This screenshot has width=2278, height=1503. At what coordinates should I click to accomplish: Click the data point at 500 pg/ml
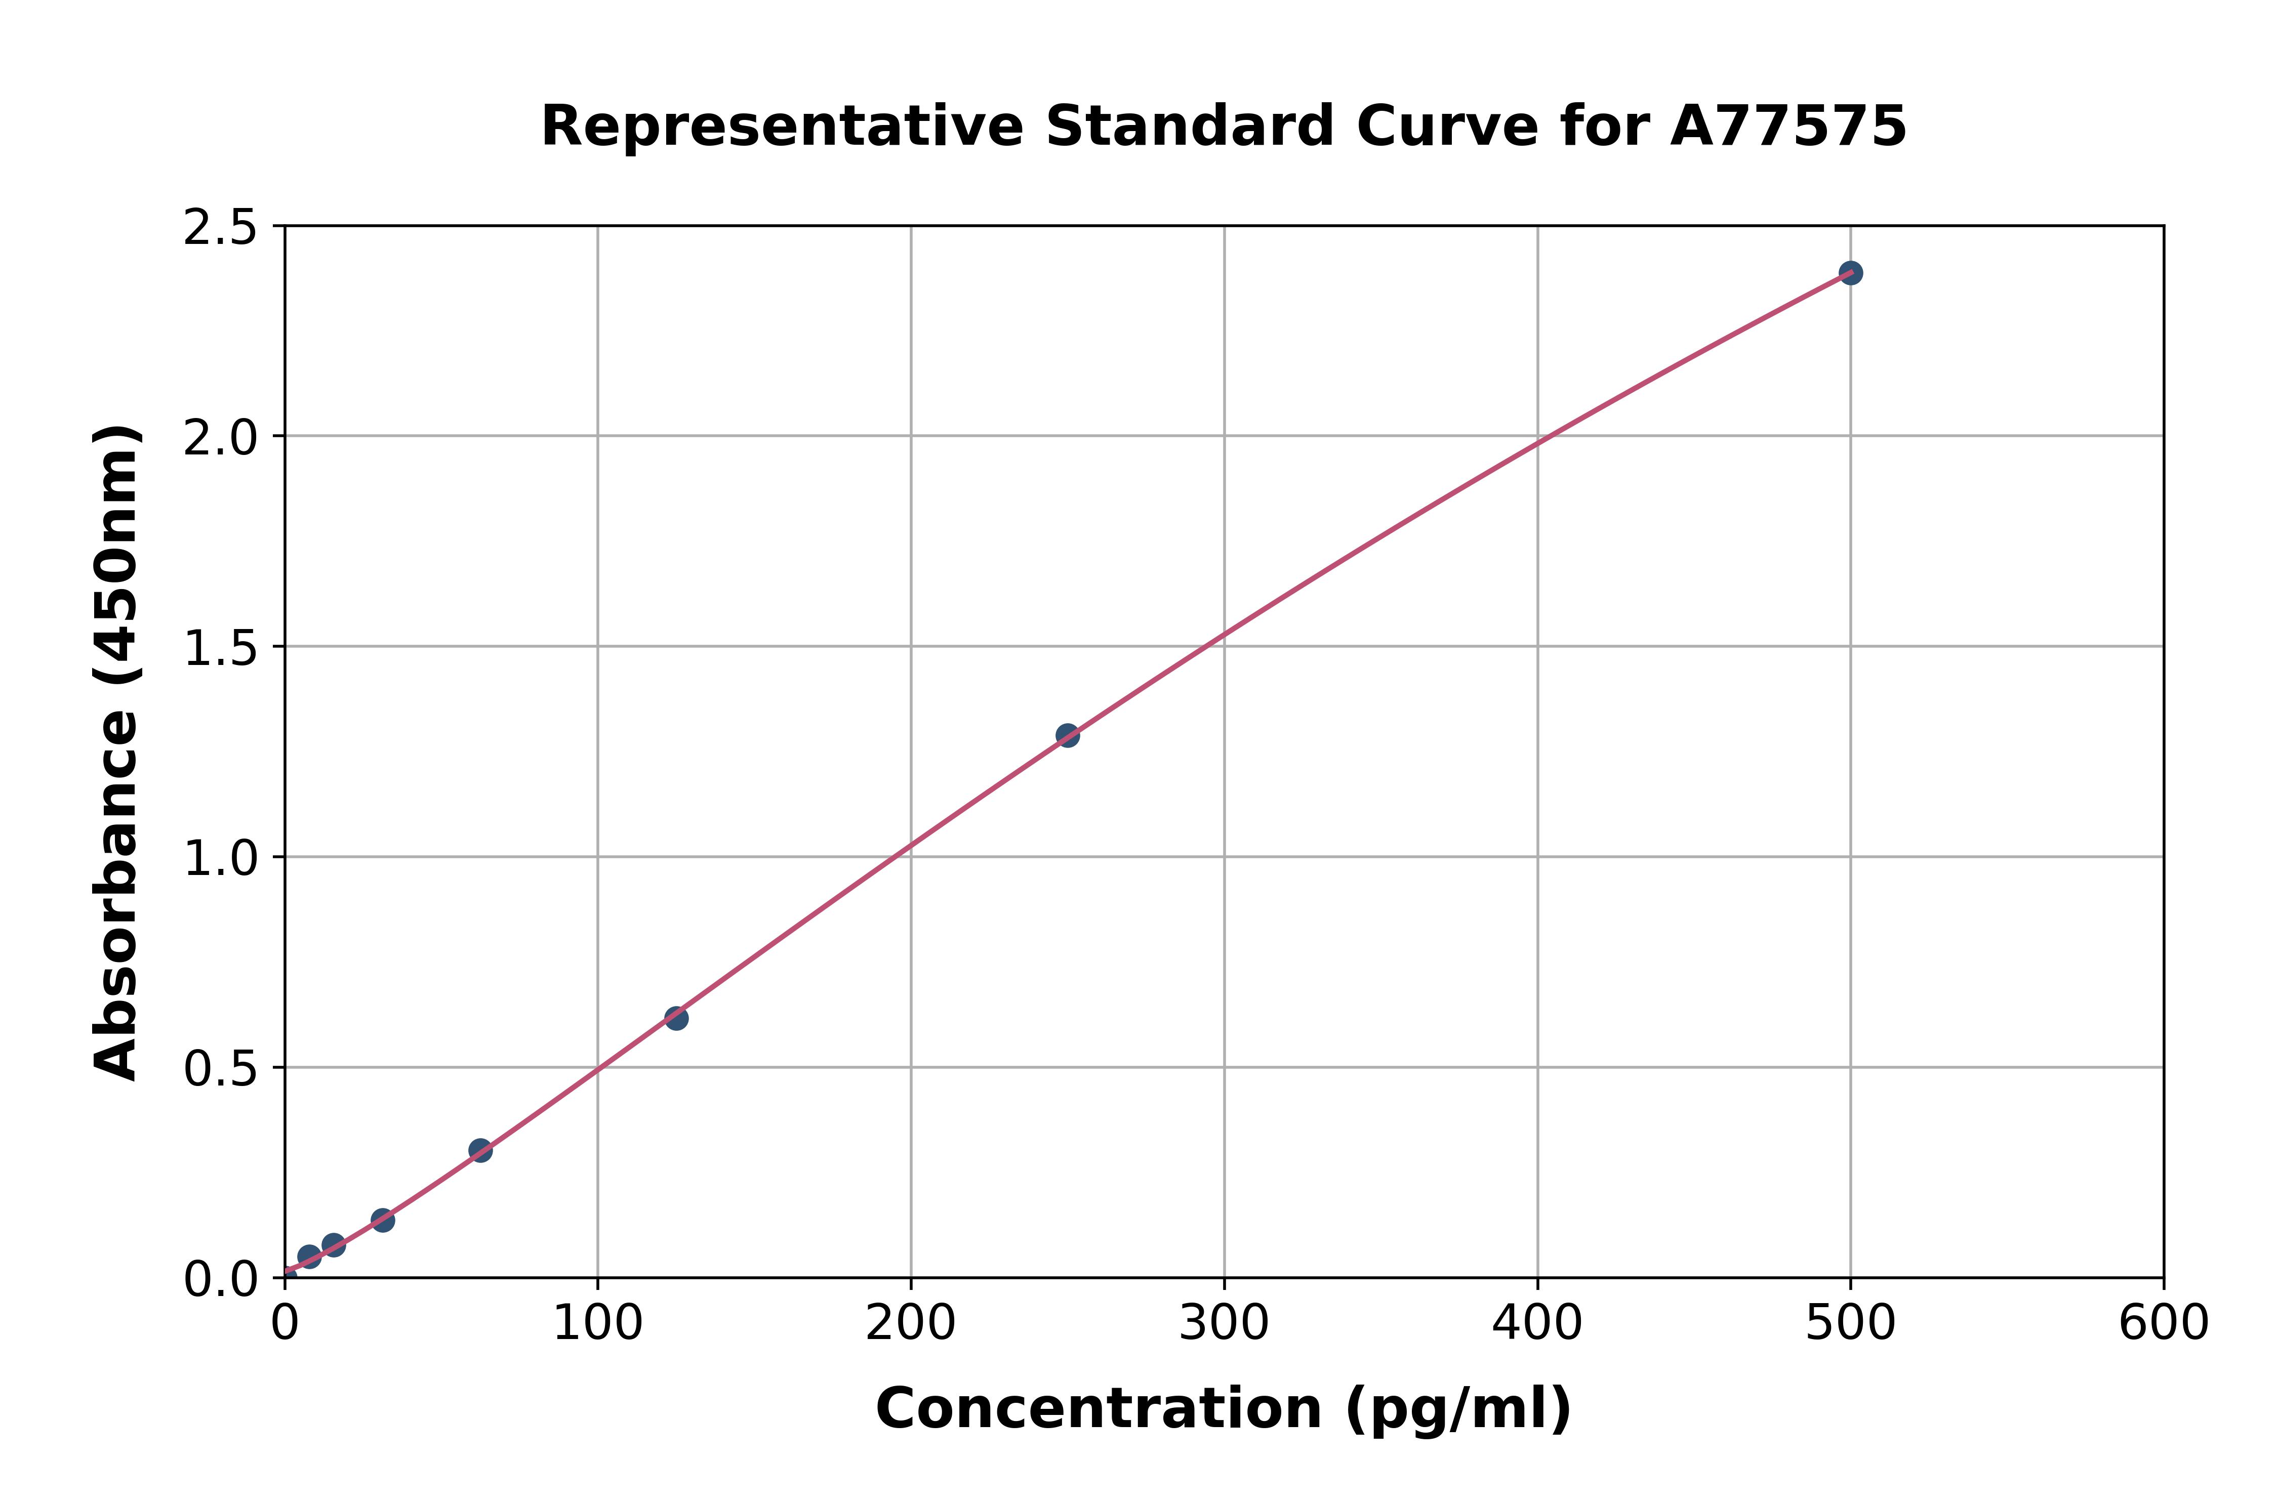[x=1850, y=273]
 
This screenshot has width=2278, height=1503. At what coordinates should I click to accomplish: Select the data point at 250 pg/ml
[x=1067, y=735]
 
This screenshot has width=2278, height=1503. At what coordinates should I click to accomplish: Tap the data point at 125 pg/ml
[x=676, y=1018]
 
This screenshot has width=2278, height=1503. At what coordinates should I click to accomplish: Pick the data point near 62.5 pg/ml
[x=480, y=1150]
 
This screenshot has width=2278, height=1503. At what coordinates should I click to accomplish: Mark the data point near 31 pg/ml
[x=383, y=1220]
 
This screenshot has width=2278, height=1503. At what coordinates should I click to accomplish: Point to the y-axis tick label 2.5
[x=221, y=228]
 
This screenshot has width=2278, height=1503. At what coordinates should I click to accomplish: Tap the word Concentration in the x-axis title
[x=1099, y=1409]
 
